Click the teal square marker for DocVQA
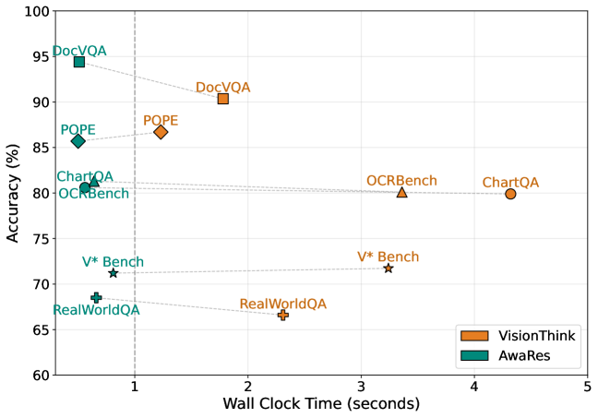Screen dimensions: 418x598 pos(79,62)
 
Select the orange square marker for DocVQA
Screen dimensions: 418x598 pos(223,98)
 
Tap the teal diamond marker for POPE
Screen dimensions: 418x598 pos(78,141)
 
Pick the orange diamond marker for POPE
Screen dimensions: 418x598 pos(161,132)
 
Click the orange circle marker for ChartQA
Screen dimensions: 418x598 pos(510,194)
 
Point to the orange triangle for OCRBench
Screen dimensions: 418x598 pos(401,192)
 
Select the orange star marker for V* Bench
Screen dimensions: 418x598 pos(389,269)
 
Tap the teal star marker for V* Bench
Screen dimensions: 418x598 pos(114,273)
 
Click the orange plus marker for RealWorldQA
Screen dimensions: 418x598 pos(283,315)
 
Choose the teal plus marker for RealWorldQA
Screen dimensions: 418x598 pos(96,297)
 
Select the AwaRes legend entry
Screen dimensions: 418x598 pos(517,355)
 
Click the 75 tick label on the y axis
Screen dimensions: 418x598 pos(40,239)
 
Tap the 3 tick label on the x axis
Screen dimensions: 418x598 pos(361,386)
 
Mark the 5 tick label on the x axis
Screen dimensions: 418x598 pos(588,386)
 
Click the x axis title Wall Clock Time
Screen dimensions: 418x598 pos(320,404)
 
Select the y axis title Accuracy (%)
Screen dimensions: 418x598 pos(12,193)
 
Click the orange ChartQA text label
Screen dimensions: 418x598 pos(510,183)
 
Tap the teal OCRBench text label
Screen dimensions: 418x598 pos(93,194)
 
